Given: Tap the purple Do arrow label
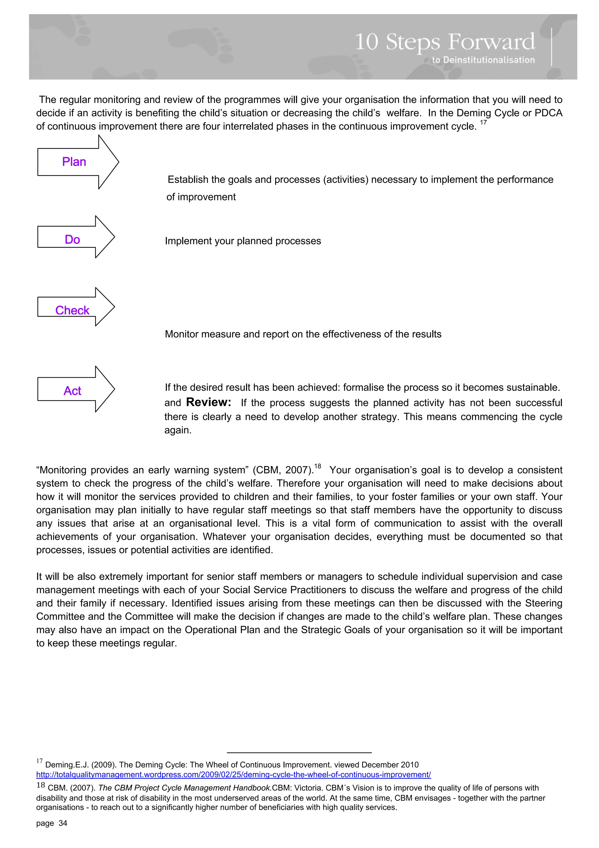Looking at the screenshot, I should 72,240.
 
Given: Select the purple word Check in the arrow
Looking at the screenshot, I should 72,310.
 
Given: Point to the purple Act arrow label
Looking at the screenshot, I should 72,391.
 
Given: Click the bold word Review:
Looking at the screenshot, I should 209,402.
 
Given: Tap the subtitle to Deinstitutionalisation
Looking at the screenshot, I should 483,60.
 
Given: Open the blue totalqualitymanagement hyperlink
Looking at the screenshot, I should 233,775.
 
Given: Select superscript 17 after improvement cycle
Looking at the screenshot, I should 483,123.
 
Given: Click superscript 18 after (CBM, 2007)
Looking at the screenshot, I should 317,466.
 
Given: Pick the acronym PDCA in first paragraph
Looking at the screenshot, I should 548,113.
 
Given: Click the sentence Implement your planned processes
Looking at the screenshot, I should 243,241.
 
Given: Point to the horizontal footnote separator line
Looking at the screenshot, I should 299,752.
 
